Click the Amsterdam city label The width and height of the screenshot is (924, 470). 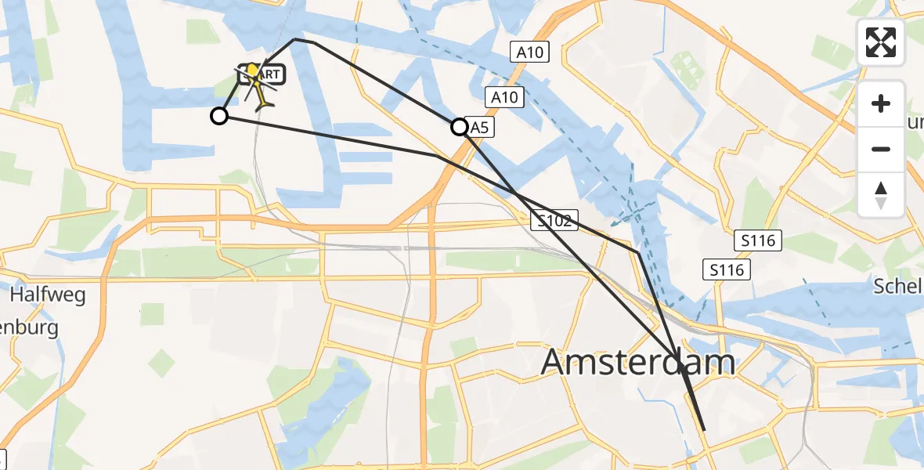[x=637, y=363]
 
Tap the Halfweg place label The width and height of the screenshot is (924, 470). [x=48, y=295]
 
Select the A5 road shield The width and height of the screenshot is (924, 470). [x=480, y=127]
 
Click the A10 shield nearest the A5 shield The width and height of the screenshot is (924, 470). [x=505, y=98]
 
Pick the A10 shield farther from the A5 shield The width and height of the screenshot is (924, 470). [x=531, y=52]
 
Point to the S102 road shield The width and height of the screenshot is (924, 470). [x=554, y=221]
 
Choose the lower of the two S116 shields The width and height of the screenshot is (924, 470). [x=727, y=270]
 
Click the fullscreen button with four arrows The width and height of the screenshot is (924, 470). [x=881, y=42]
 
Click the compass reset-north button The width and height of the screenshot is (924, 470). [x=881, y=195]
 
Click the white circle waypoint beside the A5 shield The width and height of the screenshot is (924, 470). [x=460, y=127]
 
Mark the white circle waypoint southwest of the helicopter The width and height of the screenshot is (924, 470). [x=219, y=116]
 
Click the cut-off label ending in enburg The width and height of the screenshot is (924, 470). [x=29, y=327]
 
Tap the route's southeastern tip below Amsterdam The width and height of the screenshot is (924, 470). [x=705, y=430]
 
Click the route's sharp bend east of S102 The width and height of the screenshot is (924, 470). [x=639, y=253]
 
